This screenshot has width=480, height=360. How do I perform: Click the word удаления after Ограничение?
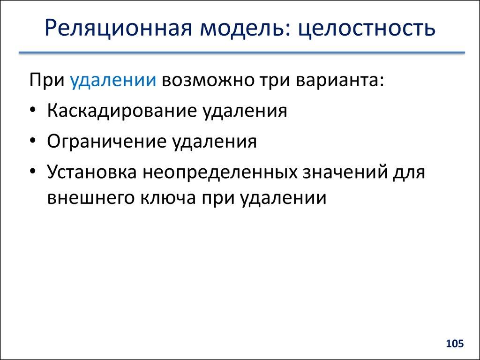[x=215, y=141]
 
